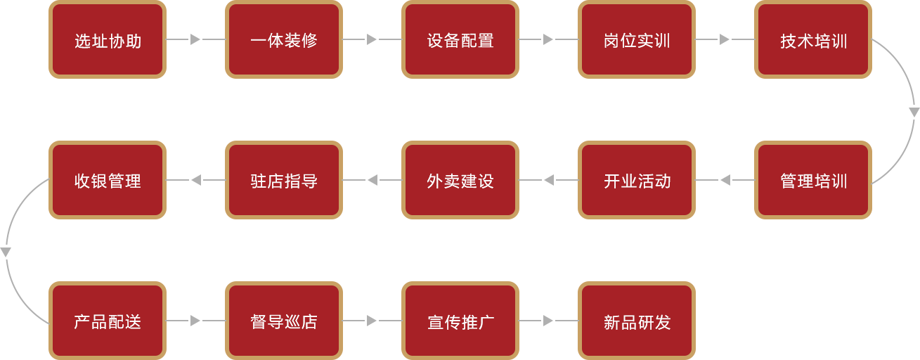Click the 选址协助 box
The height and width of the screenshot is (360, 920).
coord(108,40)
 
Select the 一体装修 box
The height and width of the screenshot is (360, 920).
coord(284,40)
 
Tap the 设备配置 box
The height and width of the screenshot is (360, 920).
coord(460,40)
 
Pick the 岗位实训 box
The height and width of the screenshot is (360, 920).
coord(637,40)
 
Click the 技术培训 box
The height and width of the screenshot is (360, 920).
coord(813,40)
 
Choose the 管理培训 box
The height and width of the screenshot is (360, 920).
coord(813,180)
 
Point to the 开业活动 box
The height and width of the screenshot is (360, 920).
coord(637,180)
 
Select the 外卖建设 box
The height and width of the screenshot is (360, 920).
coord(460,180)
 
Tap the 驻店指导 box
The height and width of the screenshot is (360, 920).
coord(284,180)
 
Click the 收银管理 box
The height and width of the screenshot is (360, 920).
coord(108,180)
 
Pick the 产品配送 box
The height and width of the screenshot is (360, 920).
coord(108,321)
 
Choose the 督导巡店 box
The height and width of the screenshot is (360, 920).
coord(284,321)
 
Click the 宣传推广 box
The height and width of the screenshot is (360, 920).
coord(460,321)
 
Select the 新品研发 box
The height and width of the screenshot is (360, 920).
coord(637,321)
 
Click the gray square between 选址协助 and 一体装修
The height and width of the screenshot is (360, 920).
coord(195,39)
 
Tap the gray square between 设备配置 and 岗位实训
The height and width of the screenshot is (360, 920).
coord(548,39)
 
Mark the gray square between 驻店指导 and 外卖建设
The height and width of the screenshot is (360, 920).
coord(372,179)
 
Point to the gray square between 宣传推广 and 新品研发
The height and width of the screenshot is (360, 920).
coord(548,320)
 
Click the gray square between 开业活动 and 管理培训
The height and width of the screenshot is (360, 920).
coord(725,179)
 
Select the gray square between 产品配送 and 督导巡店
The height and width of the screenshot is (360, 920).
coord(195,320)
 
